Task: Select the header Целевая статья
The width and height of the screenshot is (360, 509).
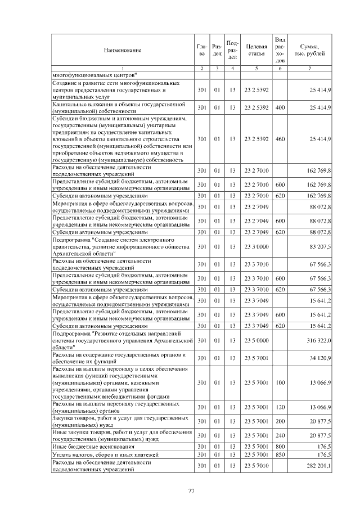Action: coord(256,51)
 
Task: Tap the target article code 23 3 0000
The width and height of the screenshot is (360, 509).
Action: coord(256,247)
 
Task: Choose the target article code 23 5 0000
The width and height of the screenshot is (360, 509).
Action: coord(256,341)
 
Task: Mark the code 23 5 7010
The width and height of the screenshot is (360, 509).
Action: coord(256,466)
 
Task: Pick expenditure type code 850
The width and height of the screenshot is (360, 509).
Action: coord(280,454)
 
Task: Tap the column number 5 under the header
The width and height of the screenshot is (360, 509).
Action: coord(256,69)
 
